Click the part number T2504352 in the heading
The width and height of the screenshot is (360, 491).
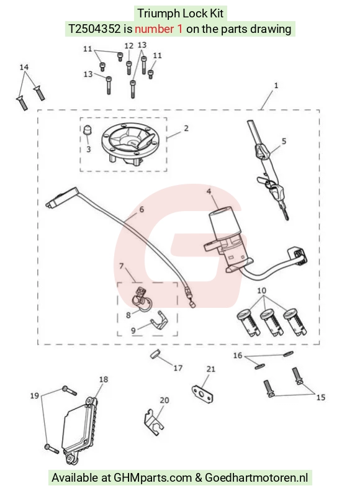[94, 29]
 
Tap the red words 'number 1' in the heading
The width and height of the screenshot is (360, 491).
[159, 29]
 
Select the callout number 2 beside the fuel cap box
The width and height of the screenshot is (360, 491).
[186, 128]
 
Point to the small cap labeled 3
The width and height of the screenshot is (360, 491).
[88, 130]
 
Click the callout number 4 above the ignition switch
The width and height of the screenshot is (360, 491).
[209, 191]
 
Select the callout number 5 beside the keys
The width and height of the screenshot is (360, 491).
[284, 141]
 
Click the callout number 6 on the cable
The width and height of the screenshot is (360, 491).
[142, 209]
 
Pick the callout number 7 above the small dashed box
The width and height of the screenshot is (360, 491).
[122, 266]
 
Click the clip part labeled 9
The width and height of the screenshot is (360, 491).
[159, 322]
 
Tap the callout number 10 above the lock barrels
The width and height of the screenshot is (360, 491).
[262, 291]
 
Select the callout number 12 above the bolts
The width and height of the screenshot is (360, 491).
[129, 46]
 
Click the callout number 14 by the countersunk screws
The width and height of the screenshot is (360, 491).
[24, 67]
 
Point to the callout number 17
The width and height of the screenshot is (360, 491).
[178, 368]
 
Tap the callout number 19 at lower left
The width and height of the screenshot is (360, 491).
[34, 396]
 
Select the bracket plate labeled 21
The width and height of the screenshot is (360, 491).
[202, 393]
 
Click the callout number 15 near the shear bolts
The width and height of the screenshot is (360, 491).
[320, 397]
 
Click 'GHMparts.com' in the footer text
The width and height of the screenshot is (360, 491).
[153, 478]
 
